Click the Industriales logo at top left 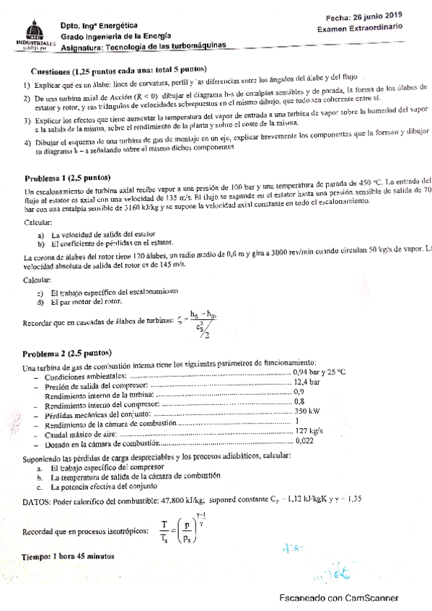coord(30,36)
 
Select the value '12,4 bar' coord(309,381)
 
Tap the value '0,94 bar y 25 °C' coord(319,372)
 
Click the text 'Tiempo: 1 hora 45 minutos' coord(68,557)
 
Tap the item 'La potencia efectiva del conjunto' coord(108,486)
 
